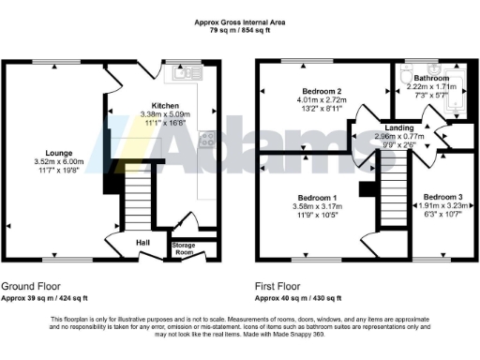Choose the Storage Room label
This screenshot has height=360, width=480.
(182, 247)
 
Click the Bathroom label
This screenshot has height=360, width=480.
(430, 78)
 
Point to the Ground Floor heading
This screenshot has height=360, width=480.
(32, 286)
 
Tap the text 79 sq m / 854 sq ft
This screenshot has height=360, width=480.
(240, 30)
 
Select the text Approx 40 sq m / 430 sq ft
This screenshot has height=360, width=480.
(300, 298)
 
